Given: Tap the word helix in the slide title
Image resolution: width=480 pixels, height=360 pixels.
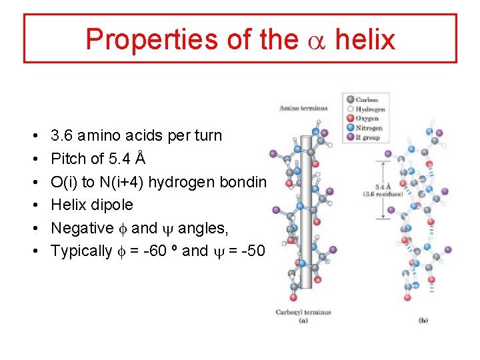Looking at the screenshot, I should (365, 39).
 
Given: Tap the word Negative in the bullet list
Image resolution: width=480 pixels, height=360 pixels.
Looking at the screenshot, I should (82, 228).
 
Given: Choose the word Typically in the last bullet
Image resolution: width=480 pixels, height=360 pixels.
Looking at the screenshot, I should (81, 251).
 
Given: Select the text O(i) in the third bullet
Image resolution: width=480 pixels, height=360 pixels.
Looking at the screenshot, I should (63, 182).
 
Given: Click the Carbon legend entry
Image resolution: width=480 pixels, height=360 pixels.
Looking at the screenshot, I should (366, 100).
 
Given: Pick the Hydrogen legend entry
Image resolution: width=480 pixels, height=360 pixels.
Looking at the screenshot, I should (369, 109).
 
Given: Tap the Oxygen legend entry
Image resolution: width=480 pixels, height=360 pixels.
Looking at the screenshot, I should (367, 119).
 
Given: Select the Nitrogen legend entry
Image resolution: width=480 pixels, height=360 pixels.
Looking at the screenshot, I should (369, 128).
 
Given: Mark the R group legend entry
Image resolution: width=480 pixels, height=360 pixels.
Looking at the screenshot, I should (367, 137).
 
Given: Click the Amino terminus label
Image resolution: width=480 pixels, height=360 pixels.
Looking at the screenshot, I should (303, 108).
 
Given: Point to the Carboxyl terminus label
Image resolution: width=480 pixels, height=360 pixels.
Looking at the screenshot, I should (303, 311).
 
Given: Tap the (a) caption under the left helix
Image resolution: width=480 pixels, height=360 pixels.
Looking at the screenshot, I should (303, 320).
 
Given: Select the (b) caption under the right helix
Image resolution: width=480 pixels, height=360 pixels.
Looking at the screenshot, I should (423, 320).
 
